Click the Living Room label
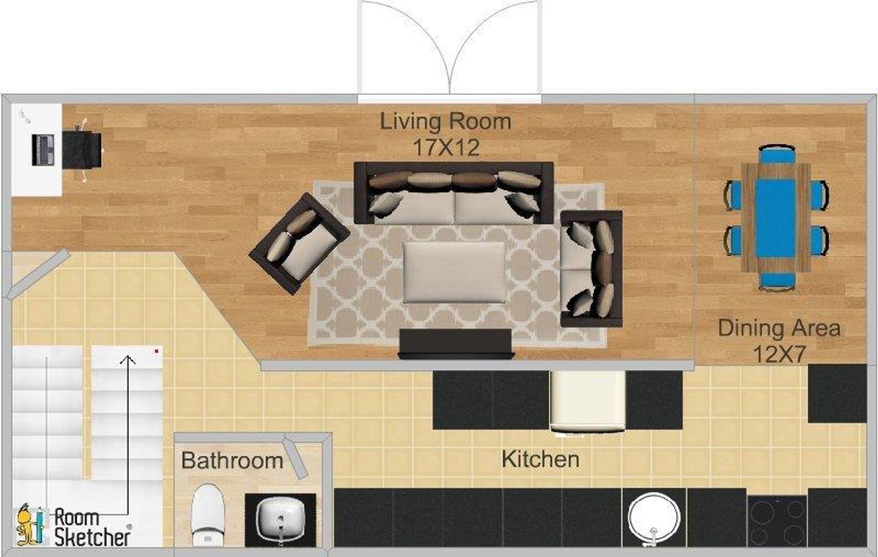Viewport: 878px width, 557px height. (446, 122)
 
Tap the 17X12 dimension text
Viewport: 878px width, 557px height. (446, 147)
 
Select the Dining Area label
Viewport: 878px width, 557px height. (779, 328)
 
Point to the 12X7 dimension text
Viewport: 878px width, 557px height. (779, 354)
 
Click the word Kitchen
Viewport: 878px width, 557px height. (541, 459)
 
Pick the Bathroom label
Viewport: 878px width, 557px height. (232, 460)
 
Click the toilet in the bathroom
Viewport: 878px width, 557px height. (207, 515)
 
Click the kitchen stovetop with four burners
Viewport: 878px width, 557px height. (777, 521)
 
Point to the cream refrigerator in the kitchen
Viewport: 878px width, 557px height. (587, 401)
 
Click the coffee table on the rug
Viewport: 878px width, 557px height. (454, 272)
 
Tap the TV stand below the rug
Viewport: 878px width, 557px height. (455, 343)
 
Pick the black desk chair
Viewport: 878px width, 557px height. (82, 150)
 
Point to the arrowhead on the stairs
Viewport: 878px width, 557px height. (128, 360)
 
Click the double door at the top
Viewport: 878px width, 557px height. (450, 50)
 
